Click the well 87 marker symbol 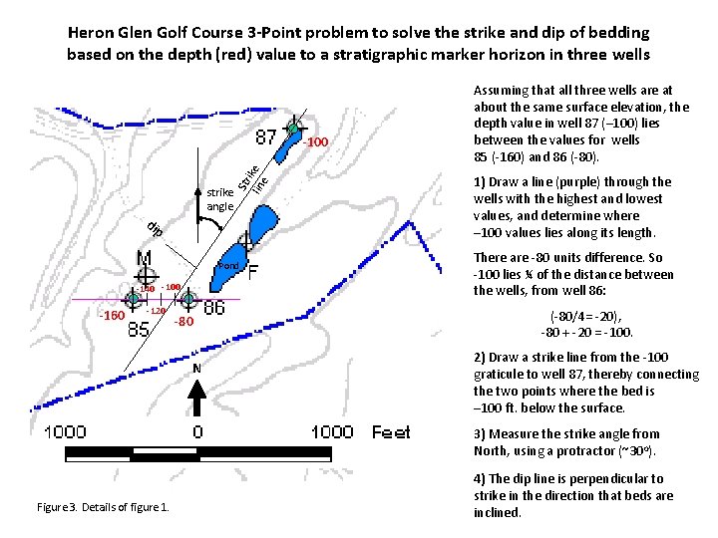pos(294,128)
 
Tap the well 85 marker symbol pos(134,298)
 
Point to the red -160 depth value pos(110,317)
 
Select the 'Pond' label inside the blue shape pos(227,266)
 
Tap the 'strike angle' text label pos(220,199)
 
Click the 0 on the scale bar pos(197,432)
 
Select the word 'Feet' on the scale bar pos(391,431)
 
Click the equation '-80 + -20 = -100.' pos(586,333)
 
